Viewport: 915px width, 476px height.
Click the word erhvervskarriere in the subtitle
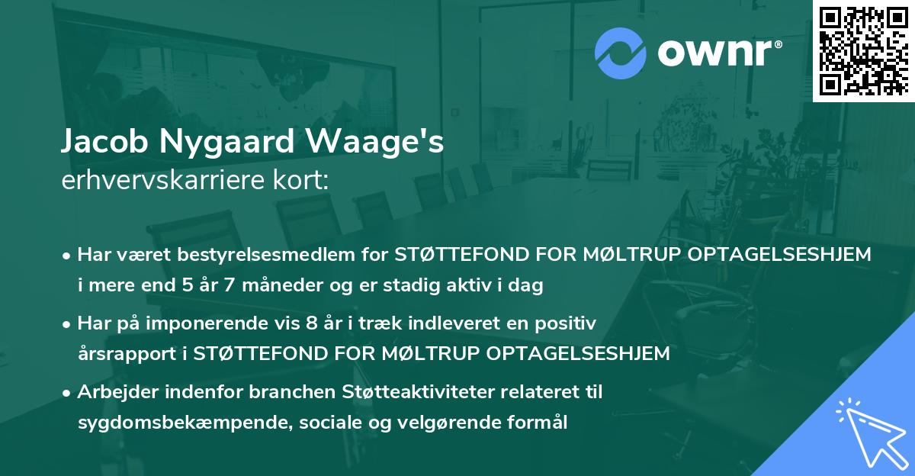coord(156,181)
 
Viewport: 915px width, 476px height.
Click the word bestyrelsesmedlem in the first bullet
coord(252,255)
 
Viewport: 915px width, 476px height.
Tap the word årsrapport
coord(125,354)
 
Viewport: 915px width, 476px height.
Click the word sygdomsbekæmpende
coord(176,423)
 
